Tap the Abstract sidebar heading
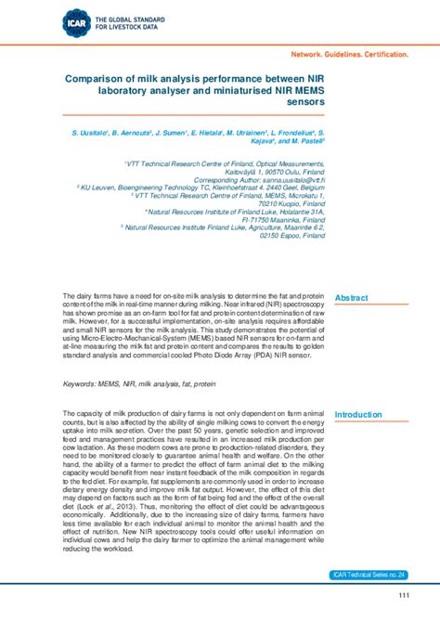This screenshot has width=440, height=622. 352,297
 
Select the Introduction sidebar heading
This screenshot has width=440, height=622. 358,415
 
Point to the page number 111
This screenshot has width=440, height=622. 403,595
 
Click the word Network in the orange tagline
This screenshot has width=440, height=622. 312,55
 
